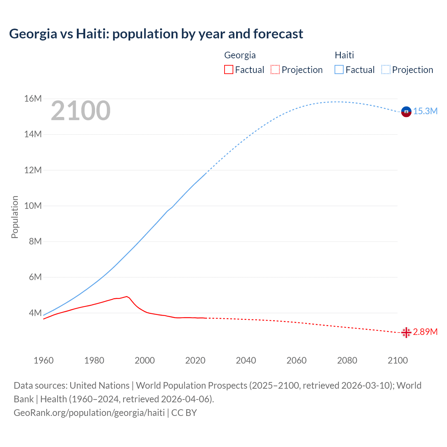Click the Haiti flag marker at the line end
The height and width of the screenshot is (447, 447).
tap(406, 111)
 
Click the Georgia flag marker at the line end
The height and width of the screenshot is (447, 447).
tap(406, 332)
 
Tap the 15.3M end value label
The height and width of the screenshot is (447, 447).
tap(425, 111)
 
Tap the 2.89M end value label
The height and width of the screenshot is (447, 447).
tap(425, 332)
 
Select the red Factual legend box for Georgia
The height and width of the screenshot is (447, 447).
tap(228, 69)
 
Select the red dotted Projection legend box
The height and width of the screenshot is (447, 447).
tap(275, 69)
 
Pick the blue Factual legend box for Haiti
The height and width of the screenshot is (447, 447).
tap(339, 69)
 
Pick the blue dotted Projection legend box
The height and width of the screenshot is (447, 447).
tap(386, 69)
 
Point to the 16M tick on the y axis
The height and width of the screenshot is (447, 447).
tap(33, 99)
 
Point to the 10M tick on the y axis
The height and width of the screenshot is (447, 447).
tap(33, 206)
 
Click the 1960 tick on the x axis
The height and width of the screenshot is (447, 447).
tap(44, 360)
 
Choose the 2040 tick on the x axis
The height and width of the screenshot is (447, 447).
tap(246, 360)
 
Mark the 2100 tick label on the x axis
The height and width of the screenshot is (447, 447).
tap(398, 360)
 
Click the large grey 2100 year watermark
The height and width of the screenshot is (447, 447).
tap(81, 111)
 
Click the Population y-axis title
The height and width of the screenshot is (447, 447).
tap(15, 217)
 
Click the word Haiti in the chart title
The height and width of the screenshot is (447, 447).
tap(90, 34)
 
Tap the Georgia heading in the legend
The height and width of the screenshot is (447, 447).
tap(240, 55)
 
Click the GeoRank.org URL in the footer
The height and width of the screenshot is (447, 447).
tap(89, 413)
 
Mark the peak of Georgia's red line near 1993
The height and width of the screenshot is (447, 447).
tap(127, 296)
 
